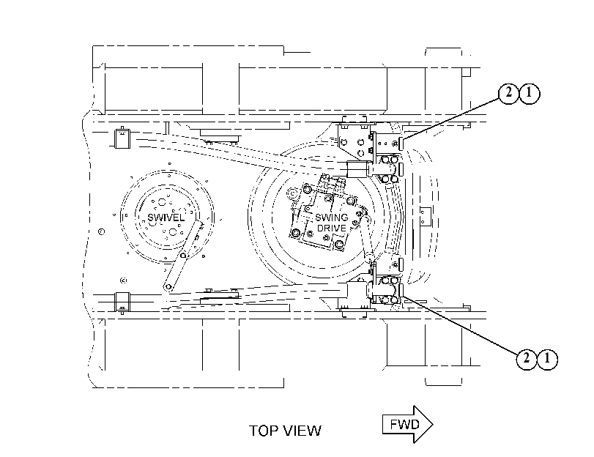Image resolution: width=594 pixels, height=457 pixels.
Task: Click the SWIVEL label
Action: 166,218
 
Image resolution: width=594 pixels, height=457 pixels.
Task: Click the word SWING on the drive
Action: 332,218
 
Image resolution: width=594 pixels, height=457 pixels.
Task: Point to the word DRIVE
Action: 332,228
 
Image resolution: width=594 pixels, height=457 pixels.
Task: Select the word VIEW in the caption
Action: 301,431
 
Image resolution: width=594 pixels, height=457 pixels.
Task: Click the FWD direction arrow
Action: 408,424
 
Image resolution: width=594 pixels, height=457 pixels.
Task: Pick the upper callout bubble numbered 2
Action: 508,93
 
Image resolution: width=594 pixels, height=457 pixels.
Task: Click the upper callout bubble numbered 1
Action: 530,93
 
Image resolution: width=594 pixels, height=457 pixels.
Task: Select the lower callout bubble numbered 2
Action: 527,358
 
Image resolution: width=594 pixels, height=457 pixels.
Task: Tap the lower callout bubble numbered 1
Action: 547,358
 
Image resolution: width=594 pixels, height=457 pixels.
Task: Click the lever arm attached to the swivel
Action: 183,256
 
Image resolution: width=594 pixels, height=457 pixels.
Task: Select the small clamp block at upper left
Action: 122,138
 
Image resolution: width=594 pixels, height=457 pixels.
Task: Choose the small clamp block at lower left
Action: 122,302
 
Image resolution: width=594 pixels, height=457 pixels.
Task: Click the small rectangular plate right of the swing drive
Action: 426,217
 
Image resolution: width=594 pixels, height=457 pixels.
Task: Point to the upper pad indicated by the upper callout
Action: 401,144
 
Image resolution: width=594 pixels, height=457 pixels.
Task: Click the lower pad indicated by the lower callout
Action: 401,290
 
